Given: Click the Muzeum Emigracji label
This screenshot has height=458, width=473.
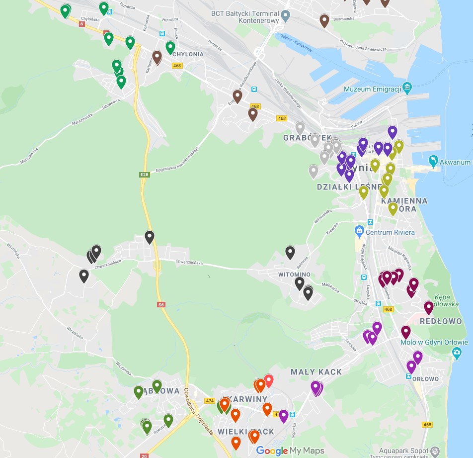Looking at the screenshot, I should [372, 90].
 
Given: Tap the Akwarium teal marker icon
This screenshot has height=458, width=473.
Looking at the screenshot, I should [433, 161].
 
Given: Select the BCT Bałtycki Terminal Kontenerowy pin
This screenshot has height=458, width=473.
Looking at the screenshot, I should [285, 17].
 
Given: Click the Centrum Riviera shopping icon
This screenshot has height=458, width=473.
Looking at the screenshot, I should [359, 231].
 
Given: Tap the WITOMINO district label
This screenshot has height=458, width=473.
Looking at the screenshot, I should [294, 275].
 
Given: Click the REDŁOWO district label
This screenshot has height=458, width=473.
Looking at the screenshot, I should [441, 321].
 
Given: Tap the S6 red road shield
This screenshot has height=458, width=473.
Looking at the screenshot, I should [161, 305].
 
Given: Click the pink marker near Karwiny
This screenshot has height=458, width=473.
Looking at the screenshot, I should [269, 380].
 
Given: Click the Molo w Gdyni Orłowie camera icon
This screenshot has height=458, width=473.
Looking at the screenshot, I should [457, 353].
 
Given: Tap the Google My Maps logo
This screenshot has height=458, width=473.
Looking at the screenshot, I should [290, 451].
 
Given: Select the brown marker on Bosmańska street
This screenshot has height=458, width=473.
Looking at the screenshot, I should [324, 20].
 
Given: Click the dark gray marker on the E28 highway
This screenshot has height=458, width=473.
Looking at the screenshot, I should [150, 237].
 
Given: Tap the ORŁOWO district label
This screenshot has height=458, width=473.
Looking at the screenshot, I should [425, 379].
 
